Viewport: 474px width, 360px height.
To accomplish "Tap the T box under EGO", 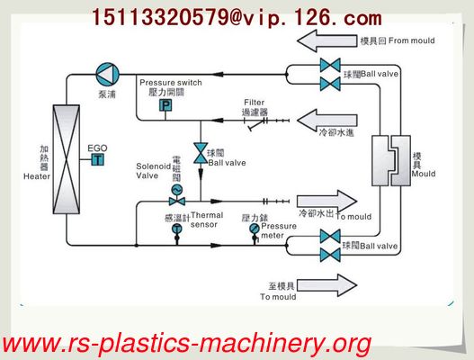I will click(x=97, y=159).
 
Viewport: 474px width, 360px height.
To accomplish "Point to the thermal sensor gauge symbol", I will click(x=174, y=229).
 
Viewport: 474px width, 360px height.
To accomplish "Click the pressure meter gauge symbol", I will click(x=255, y=229).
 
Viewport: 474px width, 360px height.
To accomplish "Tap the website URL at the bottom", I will click(x=186, y=343).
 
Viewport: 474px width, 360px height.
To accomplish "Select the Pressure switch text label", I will click(x=171, y=83).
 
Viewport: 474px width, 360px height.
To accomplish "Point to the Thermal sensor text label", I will click(x=206, y=220).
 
